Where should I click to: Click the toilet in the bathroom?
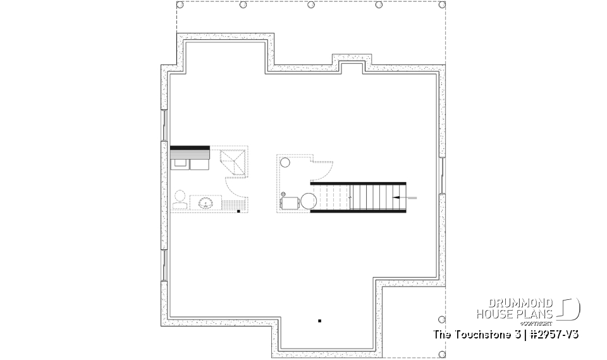click(x=179, y=197)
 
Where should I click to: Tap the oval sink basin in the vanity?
click(x=205, y=203)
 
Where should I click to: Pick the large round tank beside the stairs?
click(x=309, y=201)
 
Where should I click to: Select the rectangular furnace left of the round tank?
click(x=290, y=202)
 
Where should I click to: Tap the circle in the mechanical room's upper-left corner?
click(x=285, y=163)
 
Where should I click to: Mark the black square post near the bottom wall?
click(x=320, y=320)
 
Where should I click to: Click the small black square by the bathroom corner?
click(x=238, y=211)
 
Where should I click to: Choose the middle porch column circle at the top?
click(x=311, y=5)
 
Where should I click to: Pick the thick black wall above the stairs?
click(x=358, y=183)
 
